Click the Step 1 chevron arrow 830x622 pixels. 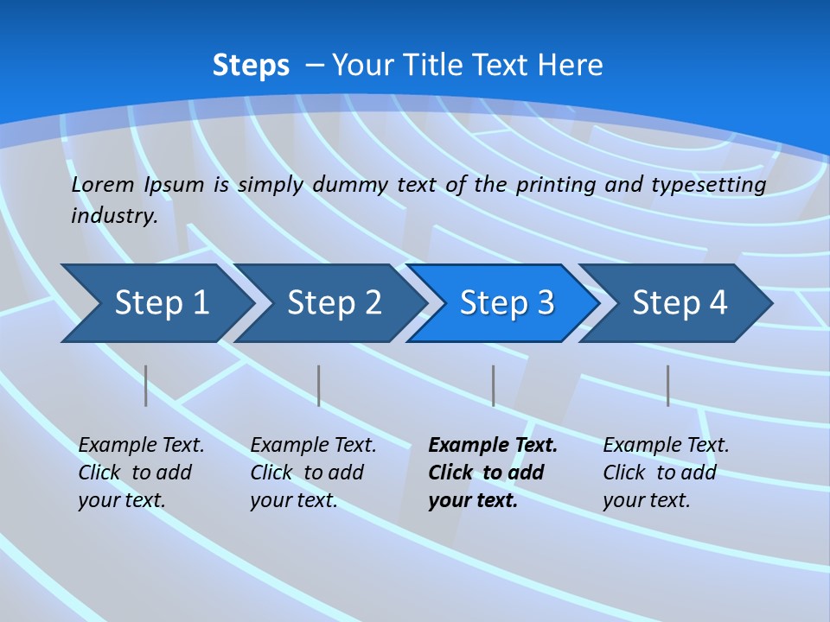click(160, 303)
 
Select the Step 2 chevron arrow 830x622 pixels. click(333, 303)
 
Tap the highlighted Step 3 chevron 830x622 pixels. click(506, 303)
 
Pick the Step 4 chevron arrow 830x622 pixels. click(679, 303)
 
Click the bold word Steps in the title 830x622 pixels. click(251, 66)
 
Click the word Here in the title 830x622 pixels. click(570, 66)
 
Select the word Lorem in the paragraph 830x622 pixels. click(103, 185)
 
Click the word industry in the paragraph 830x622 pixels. click(113, 216)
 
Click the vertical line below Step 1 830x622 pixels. click(146, 385)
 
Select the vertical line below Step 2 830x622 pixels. click(319, 385)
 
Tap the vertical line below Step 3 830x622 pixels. click(494, 385)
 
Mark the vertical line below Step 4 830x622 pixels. click(668, 385)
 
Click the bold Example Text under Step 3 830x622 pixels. click(493, 446)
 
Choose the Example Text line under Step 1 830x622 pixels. click(141, 446)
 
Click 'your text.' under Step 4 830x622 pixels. click(646, 500)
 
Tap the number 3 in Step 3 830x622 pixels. click(545, 303)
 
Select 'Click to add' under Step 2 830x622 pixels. click(307, 473)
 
